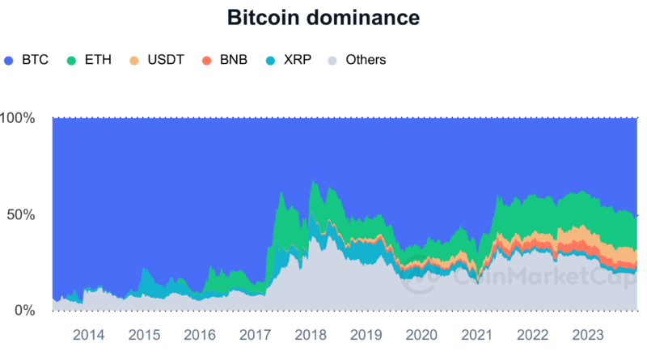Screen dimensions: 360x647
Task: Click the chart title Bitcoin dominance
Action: [x=323, y=18]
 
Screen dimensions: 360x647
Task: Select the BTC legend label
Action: [x=36, y=60]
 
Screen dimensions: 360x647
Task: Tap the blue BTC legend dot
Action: [x=11, y=60]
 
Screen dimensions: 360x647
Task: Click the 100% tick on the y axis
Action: [x=18, y=118]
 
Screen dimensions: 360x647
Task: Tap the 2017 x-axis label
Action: [x=255, y=335]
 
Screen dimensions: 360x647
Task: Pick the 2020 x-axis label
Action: [x=421, y=335]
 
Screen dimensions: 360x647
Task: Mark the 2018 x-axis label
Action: [x=311, y=335]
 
